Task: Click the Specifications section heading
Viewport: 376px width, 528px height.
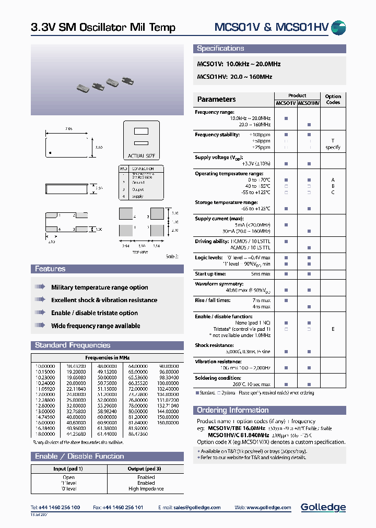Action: click(220, 49)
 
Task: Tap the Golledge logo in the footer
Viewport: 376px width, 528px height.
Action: click(323, 507)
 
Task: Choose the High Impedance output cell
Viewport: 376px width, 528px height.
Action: click(146, 489)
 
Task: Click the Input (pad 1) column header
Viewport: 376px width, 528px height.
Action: click(68, 469)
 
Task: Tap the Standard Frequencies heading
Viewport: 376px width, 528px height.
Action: click(73, 345)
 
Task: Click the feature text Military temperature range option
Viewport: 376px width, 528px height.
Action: click(99, 287)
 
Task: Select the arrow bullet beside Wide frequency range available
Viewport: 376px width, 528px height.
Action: click(40, 326)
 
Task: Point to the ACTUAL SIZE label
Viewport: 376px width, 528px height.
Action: click(141, 156)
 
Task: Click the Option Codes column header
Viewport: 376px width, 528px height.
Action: click(333, 99)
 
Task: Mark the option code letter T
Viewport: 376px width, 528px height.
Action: click(333, 141)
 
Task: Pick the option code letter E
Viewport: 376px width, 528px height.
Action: click(333, 329)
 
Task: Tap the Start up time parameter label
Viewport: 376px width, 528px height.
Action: click(210, 274)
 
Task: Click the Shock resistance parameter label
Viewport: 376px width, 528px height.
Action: click(214, 345)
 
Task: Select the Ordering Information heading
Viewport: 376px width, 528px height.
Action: click(232, 410)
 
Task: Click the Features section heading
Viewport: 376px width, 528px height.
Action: click(50, 269)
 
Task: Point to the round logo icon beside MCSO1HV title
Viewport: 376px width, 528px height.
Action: click(338, 28)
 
